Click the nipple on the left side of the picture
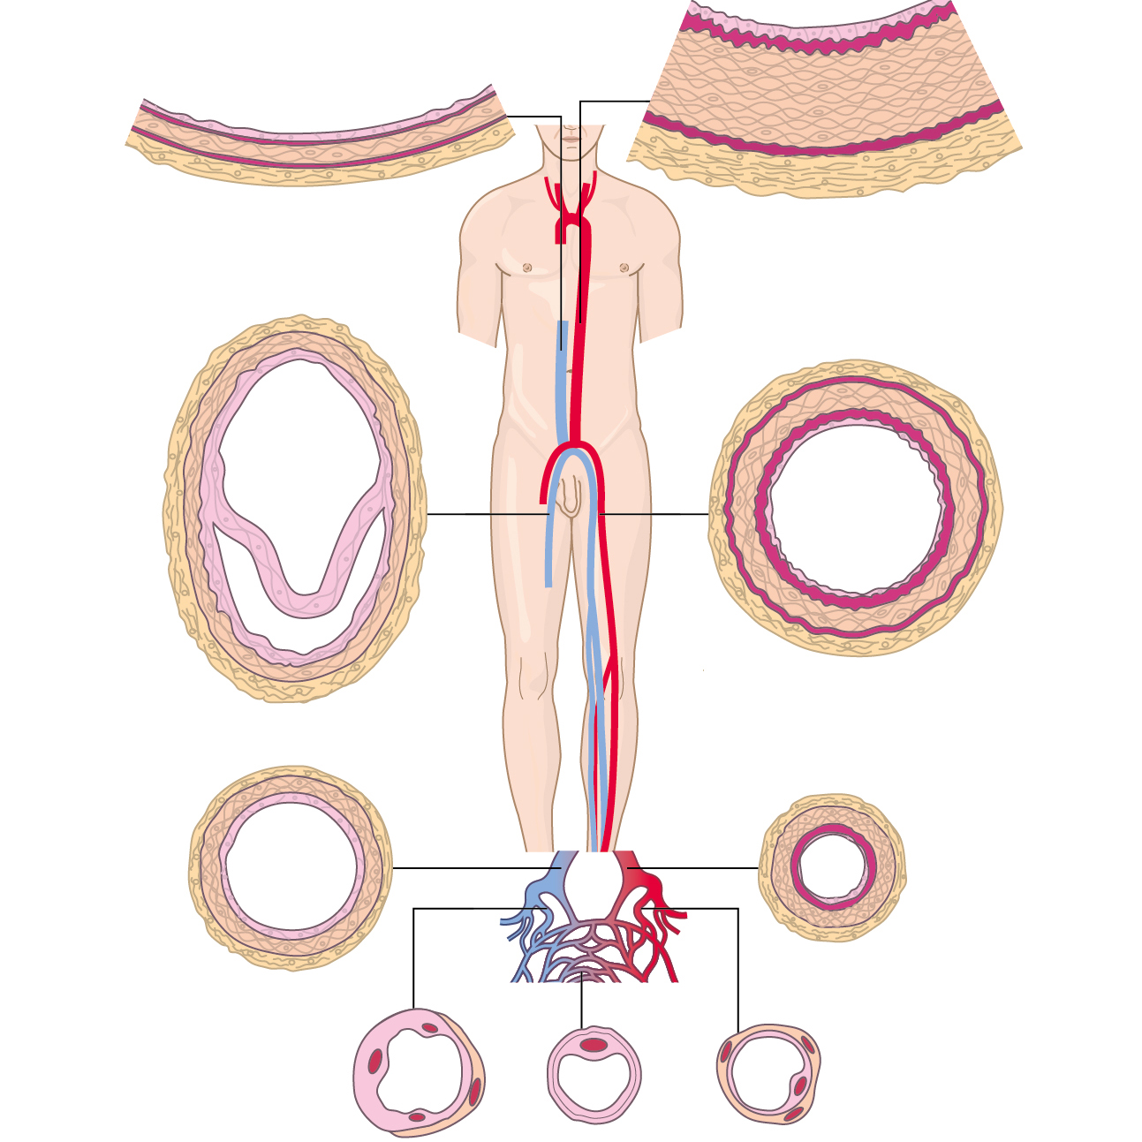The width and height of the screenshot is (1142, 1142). point(527,268)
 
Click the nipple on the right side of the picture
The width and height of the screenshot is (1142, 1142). point(624,268)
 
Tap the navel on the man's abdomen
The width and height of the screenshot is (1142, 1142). point(571,372)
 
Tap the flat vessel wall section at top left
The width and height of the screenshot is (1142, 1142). point(318,146)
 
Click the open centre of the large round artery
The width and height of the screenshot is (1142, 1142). point(855,507)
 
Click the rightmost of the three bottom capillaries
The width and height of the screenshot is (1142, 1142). point(768,1072)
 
